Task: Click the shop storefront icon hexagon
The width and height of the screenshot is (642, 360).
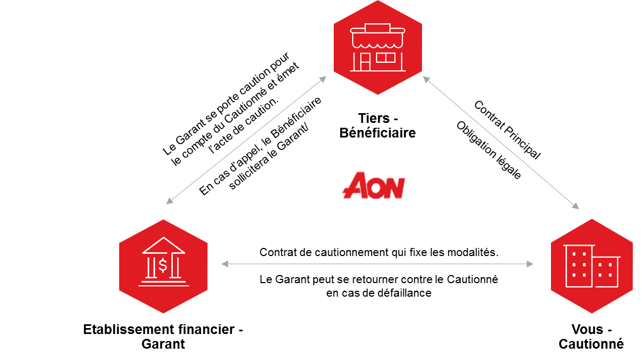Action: coord(377,47)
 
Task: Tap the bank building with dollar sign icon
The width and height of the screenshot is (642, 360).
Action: coord(163,266)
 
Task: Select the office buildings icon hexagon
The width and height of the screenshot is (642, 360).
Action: coord(592,266)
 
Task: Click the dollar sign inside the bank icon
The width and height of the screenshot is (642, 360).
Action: coord(163,265)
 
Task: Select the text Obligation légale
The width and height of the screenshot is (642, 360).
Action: coord(488,150)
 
